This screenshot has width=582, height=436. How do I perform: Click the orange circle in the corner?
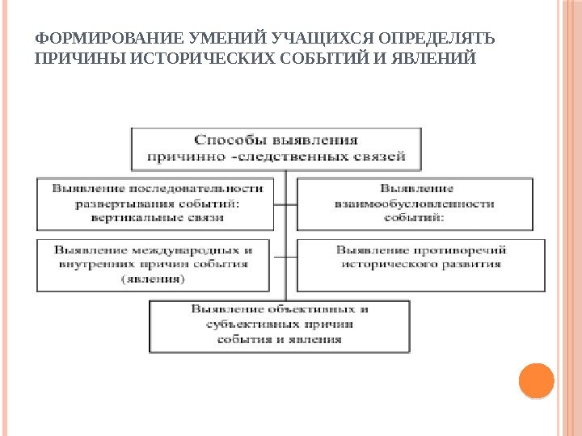pos(535,381)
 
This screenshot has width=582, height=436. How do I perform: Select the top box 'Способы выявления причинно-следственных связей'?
pos(276,148)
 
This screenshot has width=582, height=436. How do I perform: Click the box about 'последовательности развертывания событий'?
pos(153,203)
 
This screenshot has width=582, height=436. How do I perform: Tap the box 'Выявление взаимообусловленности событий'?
pos(414,203)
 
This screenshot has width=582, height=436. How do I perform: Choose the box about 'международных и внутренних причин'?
pos(153,264)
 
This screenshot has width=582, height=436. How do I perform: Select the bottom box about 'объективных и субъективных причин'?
pos(280,325)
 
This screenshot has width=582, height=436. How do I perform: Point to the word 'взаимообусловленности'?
pos(414,204)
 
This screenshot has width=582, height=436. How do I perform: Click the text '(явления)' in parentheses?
pos(153,279)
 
